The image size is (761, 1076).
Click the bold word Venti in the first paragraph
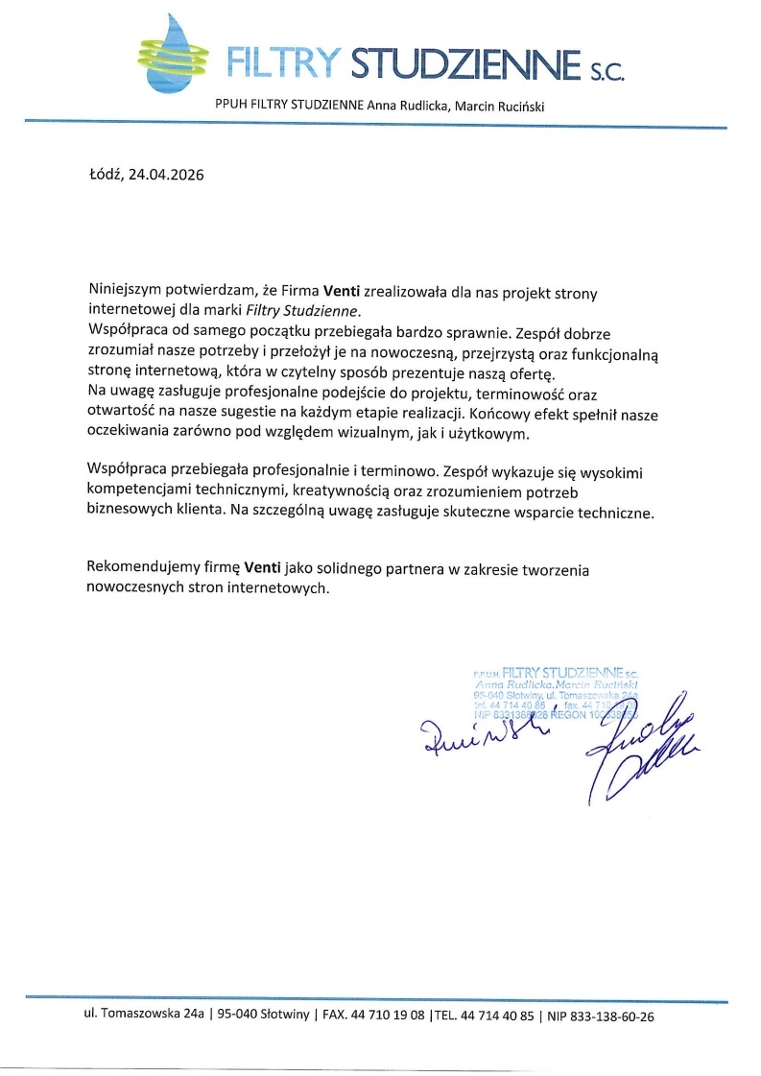click(341, 292)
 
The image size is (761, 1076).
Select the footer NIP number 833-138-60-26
click(613, 1016)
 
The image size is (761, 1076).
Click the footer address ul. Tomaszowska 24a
click(146, 1016)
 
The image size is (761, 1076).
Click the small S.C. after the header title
click(604, 70)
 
